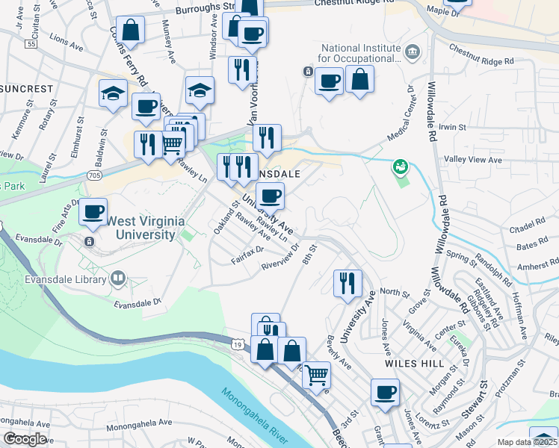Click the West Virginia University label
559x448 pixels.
pos(140,227)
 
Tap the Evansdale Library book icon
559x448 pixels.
pos(117,279)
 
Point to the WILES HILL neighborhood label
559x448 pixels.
pos(405,362)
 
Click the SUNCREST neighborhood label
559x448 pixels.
pos(27,89)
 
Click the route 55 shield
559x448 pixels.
pos(30,45)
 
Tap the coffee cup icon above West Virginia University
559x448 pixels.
pos(93,212)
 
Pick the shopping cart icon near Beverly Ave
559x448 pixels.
pos(317,374)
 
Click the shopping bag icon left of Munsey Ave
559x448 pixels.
pos(131,31)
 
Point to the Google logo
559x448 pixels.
pos(25,439)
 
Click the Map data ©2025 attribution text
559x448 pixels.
pos(527,442)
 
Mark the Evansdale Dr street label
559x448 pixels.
pos(137,304)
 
